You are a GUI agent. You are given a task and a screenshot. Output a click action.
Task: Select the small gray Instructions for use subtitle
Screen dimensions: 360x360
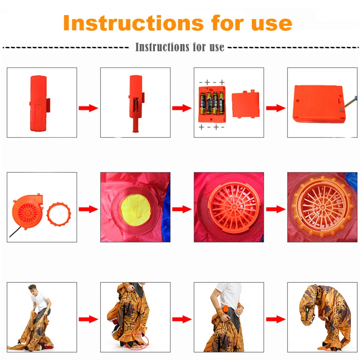180,47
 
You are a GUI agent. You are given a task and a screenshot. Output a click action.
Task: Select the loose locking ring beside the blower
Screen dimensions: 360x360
59,214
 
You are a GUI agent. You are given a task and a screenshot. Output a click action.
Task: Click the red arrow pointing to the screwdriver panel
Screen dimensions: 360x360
275,108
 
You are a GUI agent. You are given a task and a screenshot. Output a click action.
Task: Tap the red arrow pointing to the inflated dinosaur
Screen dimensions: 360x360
275,319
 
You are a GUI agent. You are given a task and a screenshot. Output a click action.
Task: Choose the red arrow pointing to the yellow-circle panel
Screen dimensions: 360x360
88,209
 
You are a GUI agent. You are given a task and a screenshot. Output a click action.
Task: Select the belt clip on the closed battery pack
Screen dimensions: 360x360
48,103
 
